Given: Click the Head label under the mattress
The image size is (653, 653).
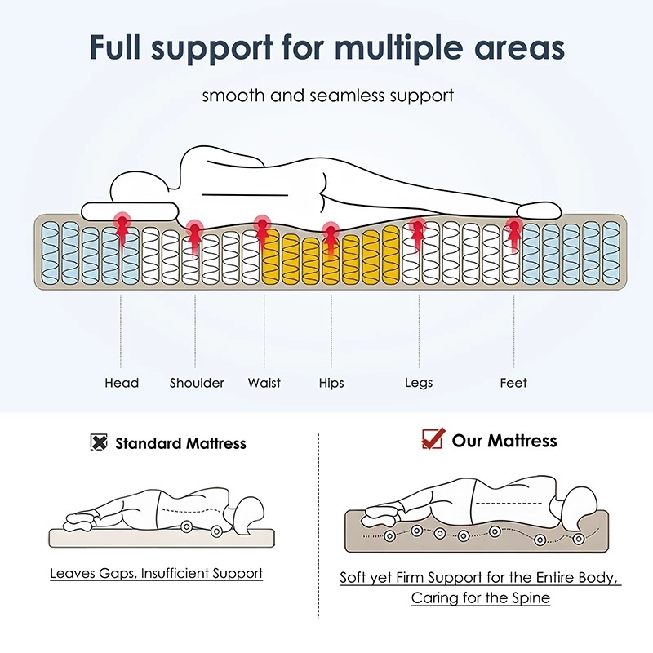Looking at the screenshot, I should [122, 382].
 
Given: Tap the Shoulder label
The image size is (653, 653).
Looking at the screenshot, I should [197, 382].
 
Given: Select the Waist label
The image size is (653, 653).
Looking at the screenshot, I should [264, 382].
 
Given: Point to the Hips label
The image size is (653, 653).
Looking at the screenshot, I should [331, 382].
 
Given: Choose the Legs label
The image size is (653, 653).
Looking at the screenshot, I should [419, 382].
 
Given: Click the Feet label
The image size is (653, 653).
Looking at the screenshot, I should [513, 382].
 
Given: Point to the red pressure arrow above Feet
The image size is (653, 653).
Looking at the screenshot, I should [513, 230].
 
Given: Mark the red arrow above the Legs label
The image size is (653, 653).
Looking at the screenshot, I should [417, 233].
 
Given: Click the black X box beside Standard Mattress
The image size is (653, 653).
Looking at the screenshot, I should [99, 443].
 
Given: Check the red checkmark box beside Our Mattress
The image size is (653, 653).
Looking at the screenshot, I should [432, 439].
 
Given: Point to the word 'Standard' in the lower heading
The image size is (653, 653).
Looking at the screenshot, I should [150, 444].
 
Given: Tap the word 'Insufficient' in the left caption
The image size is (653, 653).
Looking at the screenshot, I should [175, 573].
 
